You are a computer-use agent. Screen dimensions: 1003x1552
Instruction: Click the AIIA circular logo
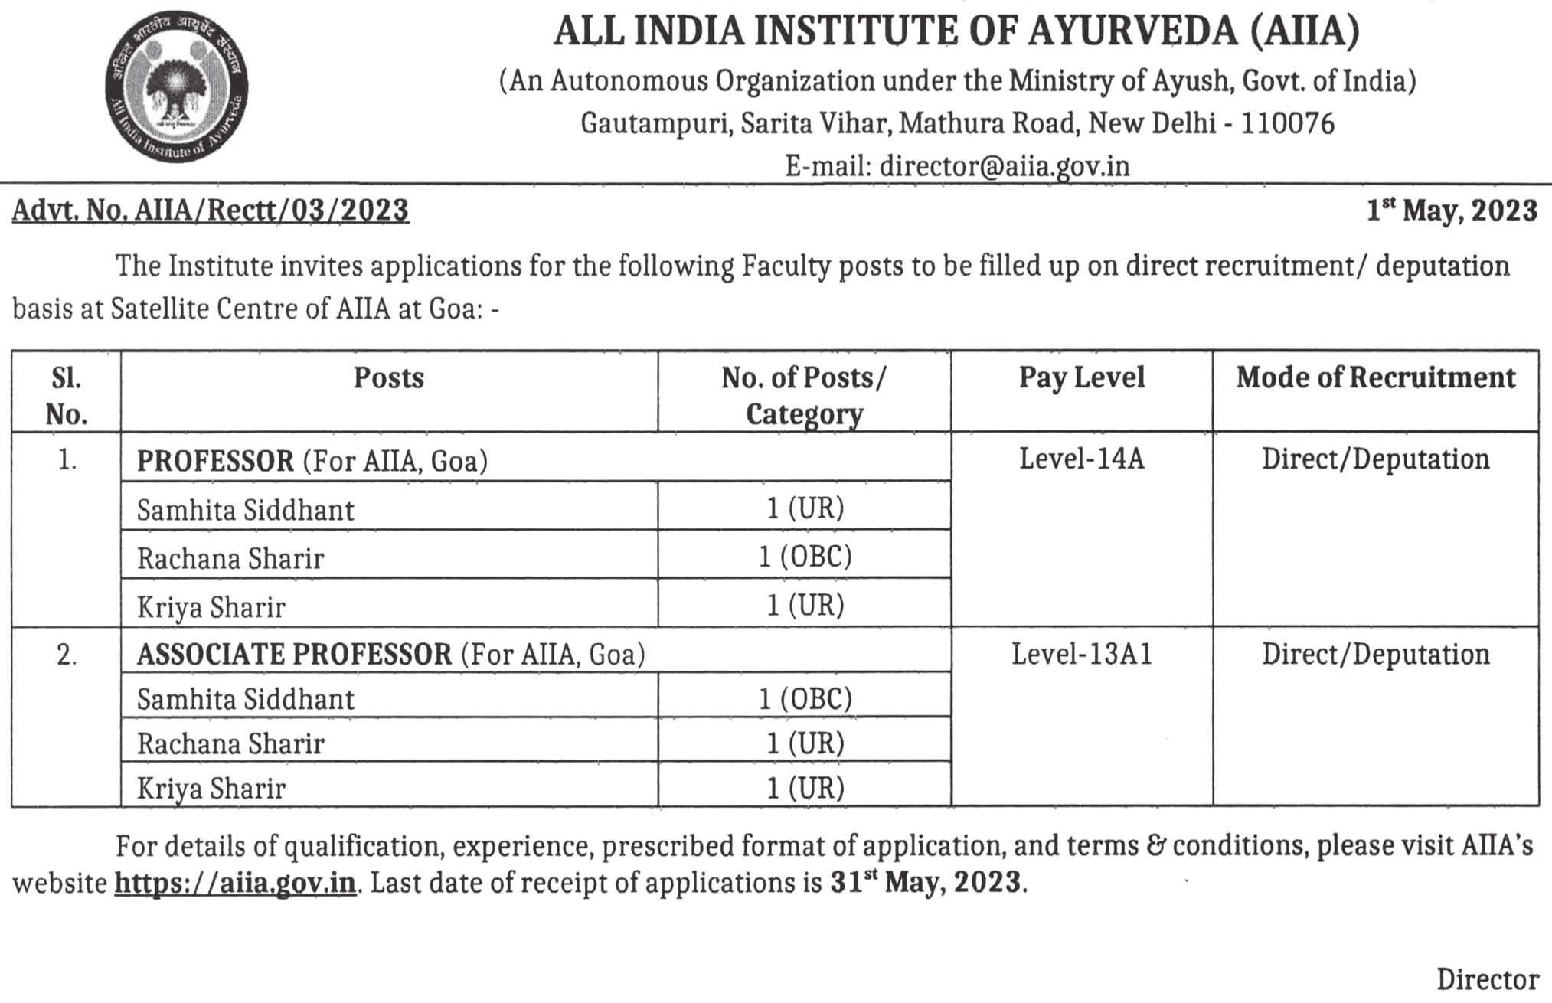pyautogui.click(x=177, y=86)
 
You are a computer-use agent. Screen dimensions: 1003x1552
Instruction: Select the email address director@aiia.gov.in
pyautogui.click(x=1005, y=166)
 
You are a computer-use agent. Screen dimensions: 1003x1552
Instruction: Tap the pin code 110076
pyautogui.click(x=1288, y=123)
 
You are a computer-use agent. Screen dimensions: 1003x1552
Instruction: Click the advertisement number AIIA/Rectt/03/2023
pyautogui.click(x=271, y=211)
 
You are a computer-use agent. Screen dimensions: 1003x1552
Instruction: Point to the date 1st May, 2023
pyautogui.click(x=1452, y=211)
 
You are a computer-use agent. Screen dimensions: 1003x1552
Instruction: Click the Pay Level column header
pyautogui.click(x=1081, y=377)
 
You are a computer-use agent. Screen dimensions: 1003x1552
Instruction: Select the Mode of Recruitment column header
pyautogui.click(x=1375, y=377)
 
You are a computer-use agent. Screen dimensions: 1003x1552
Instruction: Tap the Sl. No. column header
pyautogui.click(x=67, y=395)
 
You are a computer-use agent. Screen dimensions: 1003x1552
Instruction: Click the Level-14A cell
pyautogui.click(x=1081, y=459)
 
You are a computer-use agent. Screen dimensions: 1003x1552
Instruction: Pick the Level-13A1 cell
pyautogui.click(x=1081, y=655)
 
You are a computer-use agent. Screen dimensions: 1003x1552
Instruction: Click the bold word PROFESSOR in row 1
pyautogui.click(x=215, y=461)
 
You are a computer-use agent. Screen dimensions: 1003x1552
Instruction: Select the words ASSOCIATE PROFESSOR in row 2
pyautogui.click(x=294, y=655)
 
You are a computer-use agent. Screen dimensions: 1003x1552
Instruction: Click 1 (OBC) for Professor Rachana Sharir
pyautogui.click(x=805, y=557)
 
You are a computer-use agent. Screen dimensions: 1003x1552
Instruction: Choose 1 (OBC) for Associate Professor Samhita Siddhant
pyautogui.click(x=805, y=698)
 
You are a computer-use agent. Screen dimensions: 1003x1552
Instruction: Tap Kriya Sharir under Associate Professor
pyautogui.click(x=211, y=788)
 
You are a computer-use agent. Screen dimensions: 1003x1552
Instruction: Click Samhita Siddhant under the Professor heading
pyautogui.click(x=245, y=510)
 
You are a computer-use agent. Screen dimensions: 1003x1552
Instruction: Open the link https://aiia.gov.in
pyautogui.click(x=235, y=883)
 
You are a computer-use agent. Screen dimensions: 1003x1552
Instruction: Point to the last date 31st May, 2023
pyautogui.click(x=926, y=882)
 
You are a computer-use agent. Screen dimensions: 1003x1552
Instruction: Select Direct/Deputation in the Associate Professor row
pyautogui.click(x=1375, y=655)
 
